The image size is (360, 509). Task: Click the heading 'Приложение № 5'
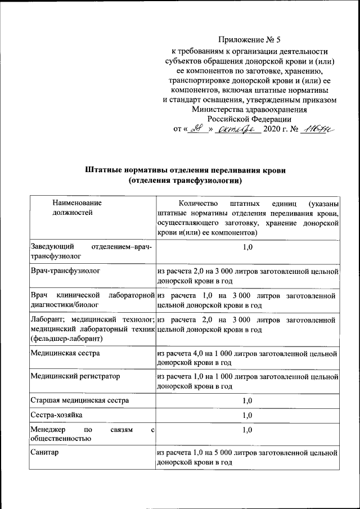248,40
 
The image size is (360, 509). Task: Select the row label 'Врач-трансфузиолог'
66,271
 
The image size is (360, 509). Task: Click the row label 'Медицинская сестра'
66,353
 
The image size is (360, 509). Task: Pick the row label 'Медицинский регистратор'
75,376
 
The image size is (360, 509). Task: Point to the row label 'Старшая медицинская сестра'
80,400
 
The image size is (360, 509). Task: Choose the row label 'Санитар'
45,452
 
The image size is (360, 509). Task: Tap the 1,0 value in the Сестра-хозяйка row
247,415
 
